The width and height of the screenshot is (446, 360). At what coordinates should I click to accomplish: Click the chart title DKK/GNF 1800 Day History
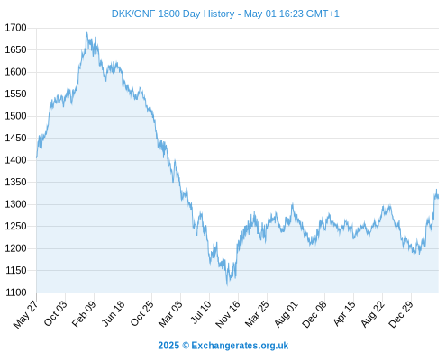click(x=173, y=13)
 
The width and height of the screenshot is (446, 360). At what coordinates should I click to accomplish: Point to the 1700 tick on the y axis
click(x=15, y=28)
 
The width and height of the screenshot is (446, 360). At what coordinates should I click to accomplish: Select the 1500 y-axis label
click(x=15, y=116)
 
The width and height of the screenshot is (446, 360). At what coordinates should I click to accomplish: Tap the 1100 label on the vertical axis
click(x=16, y=292)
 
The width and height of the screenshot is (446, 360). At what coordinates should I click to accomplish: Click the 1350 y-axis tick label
click(x=15, y=182)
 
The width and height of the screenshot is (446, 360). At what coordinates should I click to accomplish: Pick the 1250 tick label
click(x=15, y=226)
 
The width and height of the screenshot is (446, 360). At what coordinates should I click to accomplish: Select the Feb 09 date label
click(x=84, y=313)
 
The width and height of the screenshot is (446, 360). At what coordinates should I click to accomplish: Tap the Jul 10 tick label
click(x=201, y=312)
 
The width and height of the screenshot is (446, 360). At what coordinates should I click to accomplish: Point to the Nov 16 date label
click(x=228, y=314)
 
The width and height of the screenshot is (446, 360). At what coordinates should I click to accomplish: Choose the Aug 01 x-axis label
click(x=287, y=314)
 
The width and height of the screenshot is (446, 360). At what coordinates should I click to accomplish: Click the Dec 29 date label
click(x=401, y=314)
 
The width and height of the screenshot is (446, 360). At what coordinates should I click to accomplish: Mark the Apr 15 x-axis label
click(x=344, y=313)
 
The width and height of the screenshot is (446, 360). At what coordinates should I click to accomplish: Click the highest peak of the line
click(x=86, y=31)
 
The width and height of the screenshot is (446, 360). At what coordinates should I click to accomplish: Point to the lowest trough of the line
click(x=227, y=284)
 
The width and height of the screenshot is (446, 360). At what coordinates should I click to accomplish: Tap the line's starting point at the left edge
click(x=37, y=157)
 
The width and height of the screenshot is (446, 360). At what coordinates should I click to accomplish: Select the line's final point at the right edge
click(x=438, y=197)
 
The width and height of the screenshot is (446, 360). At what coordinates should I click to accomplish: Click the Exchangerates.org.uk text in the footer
click(x=240, y=346)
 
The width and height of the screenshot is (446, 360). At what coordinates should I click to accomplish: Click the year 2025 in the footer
click(x=168, y=346)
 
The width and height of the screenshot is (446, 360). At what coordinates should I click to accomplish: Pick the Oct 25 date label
click(x=142, y=313)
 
